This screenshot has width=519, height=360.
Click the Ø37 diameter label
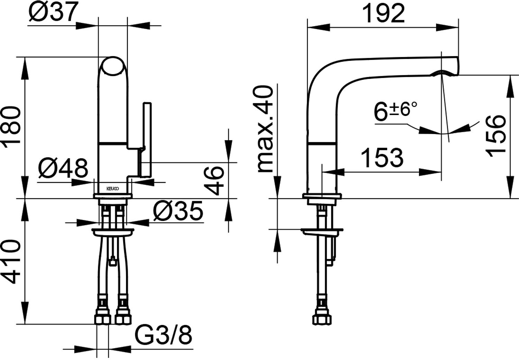pos(53,12)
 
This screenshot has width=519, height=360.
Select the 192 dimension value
pos(383,13)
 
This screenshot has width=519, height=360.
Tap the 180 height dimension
pos(11,127)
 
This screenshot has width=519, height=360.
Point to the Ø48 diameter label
pos(63,168)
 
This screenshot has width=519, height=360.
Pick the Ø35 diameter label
pos(178,211)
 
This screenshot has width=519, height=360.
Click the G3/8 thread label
pos(163,335)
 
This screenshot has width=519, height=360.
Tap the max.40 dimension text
pos(265,129)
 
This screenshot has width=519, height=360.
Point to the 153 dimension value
pos(382,157)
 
